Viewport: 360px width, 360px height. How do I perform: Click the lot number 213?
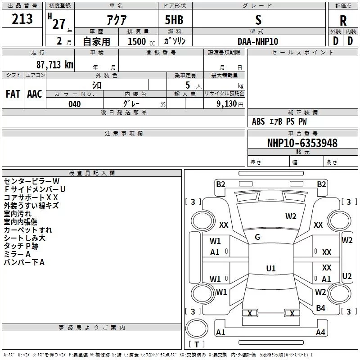tap(22, 19)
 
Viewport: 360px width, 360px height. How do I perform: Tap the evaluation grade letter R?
tap(343, 21)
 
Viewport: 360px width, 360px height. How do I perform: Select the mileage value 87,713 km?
tap(55, 64)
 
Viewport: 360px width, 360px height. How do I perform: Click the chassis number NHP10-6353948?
tap(302, 143)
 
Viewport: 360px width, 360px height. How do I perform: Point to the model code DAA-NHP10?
tap(258, 41)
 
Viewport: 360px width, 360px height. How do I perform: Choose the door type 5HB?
tap(174, 20)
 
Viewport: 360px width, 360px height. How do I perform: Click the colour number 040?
tap(75, 104)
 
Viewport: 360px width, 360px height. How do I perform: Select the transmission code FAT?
tap(13, 94)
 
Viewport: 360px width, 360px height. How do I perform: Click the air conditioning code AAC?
tap(35, 94)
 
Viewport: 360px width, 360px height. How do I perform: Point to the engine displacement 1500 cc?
tap(141, 41)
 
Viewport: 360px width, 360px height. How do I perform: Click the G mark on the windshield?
tap(257, 237)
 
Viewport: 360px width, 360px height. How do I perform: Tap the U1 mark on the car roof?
tap(271, 268)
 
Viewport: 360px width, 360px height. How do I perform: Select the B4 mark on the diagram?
tap(320, 308)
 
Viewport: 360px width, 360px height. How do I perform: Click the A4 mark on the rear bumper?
tap(320, 332)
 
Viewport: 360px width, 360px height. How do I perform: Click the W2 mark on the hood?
tap(291, 216)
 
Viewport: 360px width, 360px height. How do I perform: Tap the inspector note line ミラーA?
tap(17, 254)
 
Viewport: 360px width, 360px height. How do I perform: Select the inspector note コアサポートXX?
tap(31, 198)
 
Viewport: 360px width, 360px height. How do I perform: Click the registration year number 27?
tap(59, 24)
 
